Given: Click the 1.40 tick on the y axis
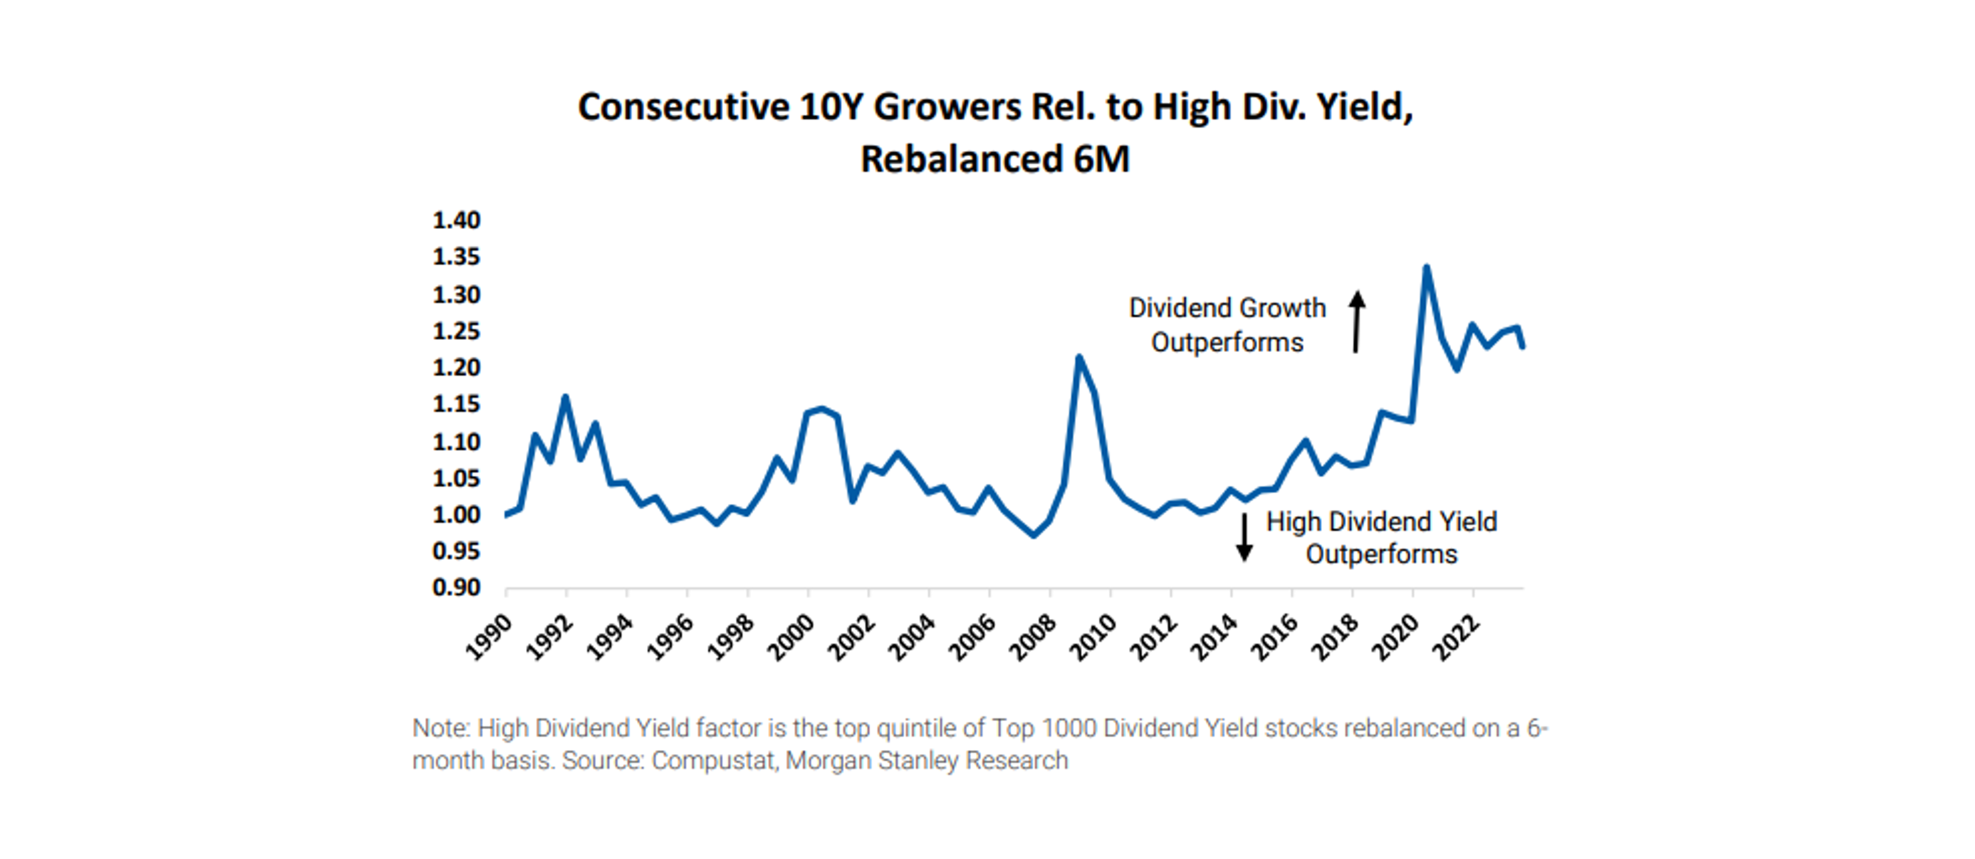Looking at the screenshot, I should [x=456, y=221].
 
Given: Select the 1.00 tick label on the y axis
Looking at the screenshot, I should [x=456, y=515].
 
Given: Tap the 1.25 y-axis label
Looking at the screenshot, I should [x=456, y=331].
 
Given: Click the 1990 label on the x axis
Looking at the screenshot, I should [x=488, y=637].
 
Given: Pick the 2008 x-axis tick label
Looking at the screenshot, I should [x=1032, y=637].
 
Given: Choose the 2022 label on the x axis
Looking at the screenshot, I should [x=1455, y=637].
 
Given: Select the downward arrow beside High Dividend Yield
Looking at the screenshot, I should [x=1244, y=537].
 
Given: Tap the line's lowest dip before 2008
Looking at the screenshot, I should [x=1033, y=535].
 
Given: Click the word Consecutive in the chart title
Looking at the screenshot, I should [x=683, y=107].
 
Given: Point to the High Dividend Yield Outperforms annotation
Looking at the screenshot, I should [x=1381, y=538].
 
